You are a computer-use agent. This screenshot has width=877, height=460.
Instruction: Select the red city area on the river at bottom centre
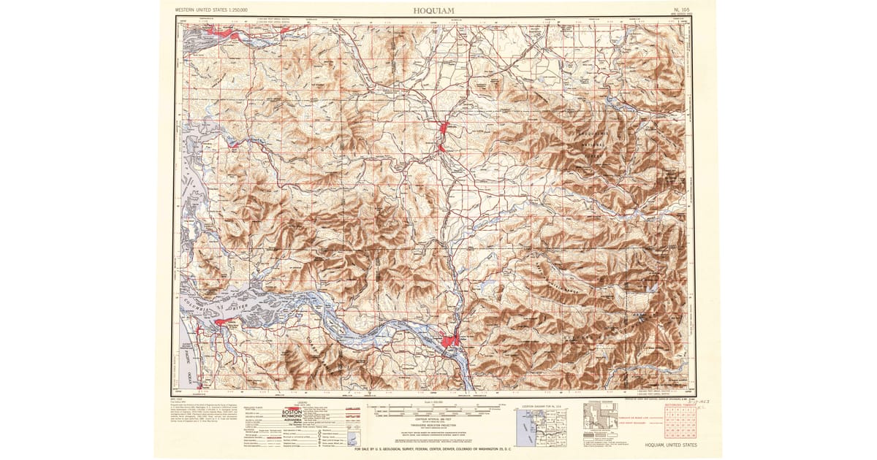[449, 340]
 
